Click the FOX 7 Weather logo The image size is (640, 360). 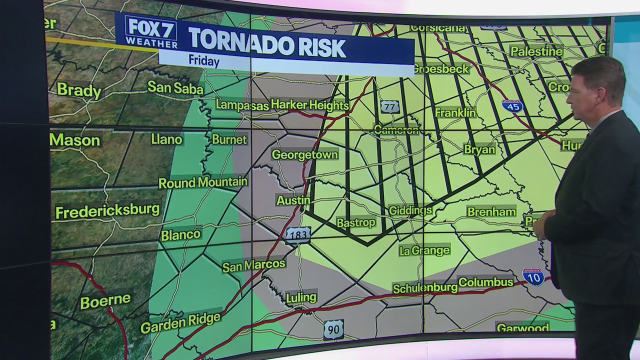coord(150,31)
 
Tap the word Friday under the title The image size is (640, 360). coord(204,61)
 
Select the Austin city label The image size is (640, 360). coord(293,200)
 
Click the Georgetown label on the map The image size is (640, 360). coord(304,155)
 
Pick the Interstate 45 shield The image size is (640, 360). coord(512,105)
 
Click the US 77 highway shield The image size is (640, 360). coord(389,106)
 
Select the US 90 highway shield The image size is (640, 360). coord(333,329)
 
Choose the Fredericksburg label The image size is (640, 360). coord(107,211)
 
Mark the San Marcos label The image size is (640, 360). coord(253,265)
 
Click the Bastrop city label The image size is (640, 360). coord(356,222)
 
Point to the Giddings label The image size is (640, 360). coord(410,210)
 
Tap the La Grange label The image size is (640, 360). coord(424,250)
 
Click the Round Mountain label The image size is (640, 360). coord(203,182)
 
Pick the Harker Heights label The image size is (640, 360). coord(309,105)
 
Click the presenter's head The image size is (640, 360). coord(597,85)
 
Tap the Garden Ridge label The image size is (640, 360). coord(180,323)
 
